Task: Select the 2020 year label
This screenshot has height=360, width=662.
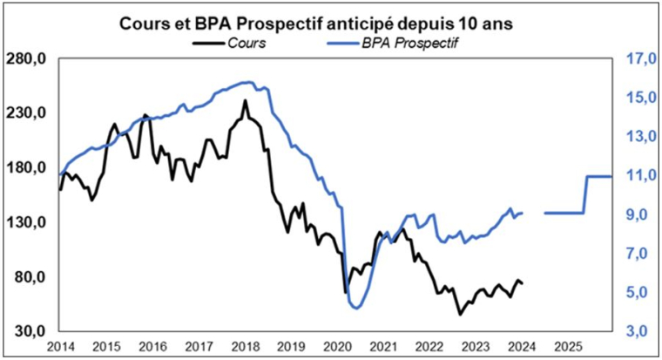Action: pos(336,347)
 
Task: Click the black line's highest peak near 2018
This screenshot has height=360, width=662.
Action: pos(245,101)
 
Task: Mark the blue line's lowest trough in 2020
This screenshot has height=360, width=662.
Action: pos(355,307)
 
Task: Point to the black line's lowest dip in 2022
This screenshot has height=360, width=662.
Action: pos(459,314)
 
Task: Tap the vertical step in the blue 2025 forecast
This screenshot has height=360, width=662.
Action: pos(585,194)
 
